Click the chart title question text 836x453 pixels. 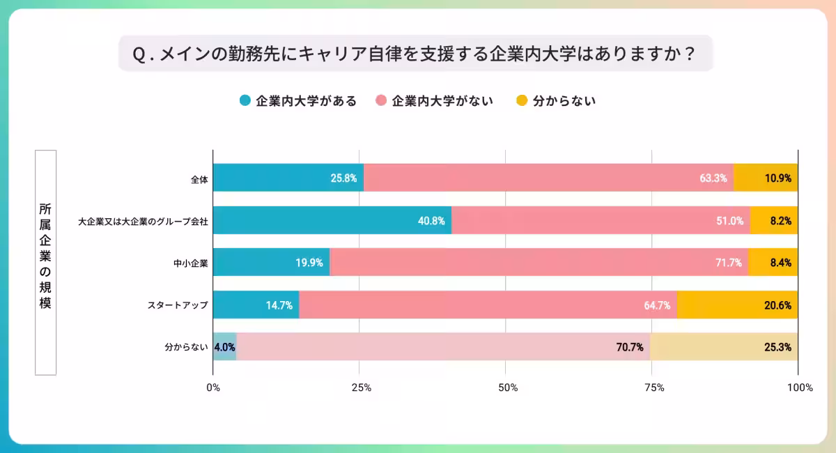click(415, 54)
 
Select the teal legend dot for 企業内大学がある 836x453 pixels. click(245, 101)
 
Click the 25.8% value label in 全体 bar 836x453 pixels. click(344, 178)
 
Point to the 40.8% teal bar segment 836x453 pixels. click(332, 220)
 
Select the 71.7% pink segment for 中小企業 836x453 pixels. click(539, 263)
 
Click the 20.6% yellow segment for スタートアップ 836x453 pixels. click(737, 305)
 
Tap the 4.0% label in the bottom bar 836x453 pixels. click(225, 347)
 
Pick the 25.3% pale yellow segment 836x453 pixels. click(724, 347)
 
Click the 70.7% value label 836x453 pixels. click(629, 347)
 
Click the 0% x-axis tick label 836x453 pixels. click(213, 387)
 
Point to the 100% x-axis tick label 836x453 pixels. click(798, 387)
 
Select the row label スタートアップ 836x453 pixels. click(178, 305)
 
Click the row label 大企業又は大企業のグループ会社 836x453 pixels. click(143, 221)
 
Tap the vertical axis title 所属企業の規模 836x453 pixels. click(45, 262)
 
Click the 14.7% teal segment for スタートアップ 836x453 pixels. click(256, 305)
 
